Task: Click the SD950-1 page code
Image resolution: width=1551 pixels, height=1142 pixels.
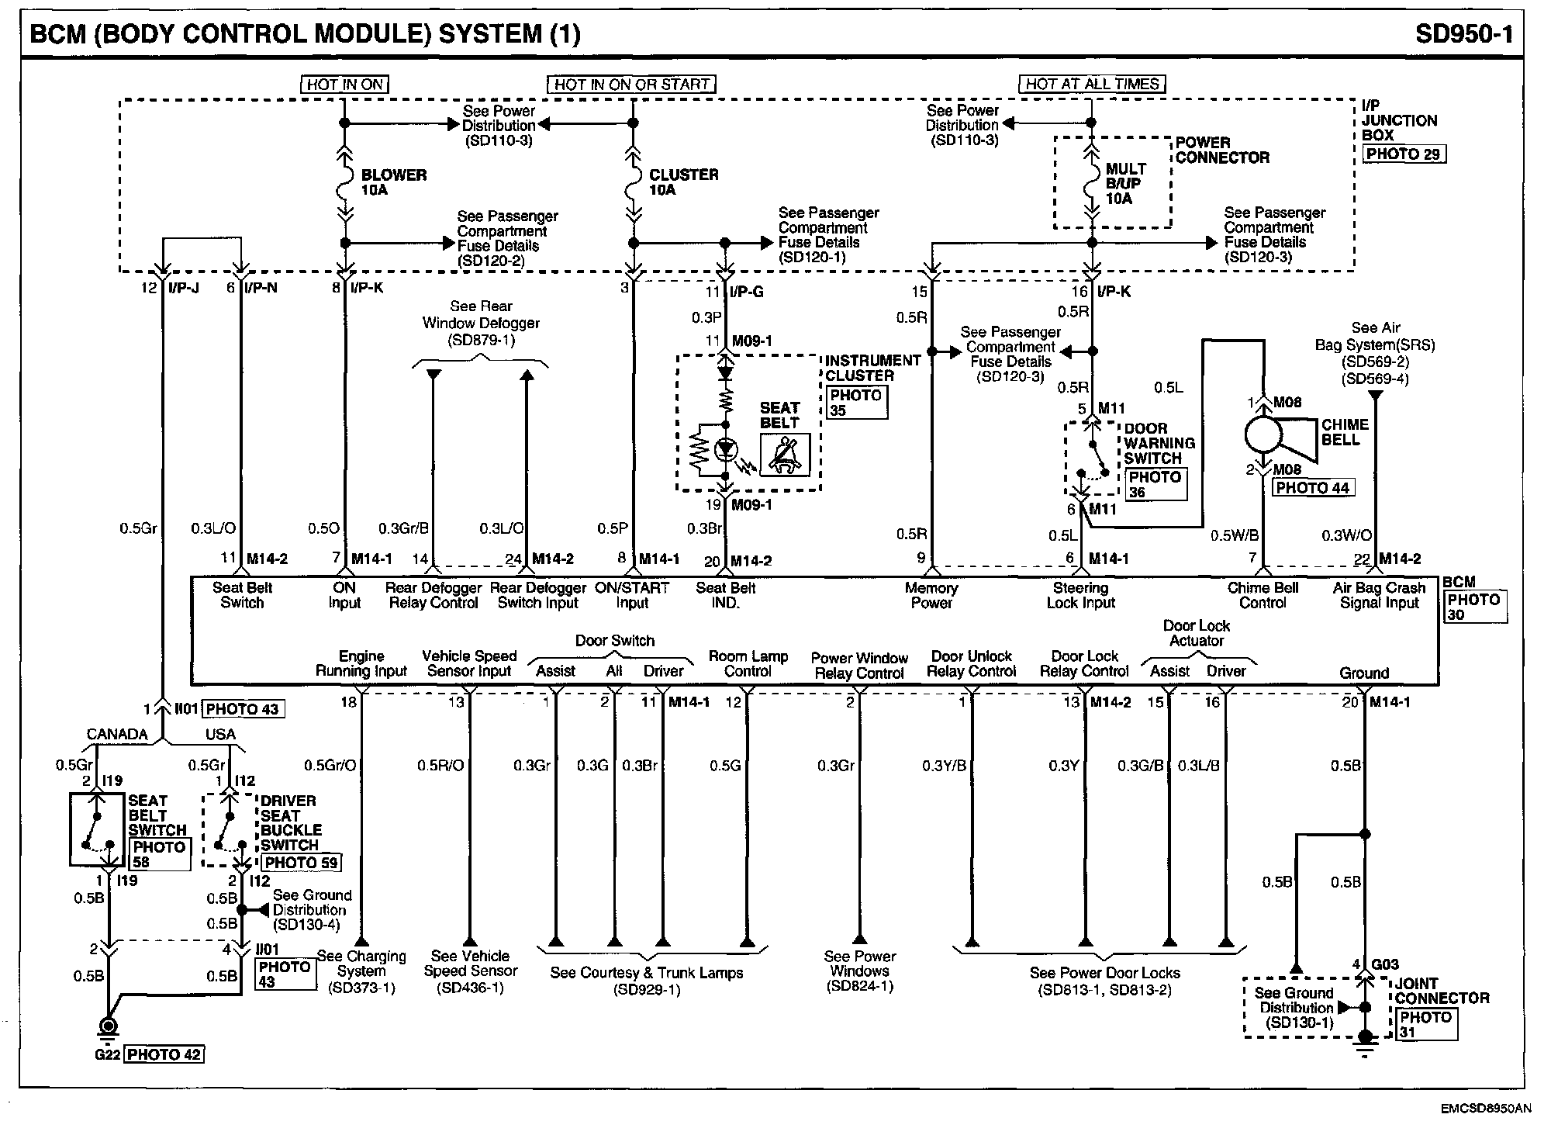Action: tap(1463, 33)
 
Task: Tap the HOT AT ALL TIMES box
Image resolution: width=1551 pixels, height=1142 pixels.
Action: tap(1092, 84)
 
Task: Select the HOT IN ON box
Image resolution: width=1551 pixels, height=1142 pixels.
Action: tap(344, 84)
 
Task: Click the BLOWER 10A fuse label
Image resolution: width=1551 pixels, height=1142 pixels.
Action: tap(393, 182)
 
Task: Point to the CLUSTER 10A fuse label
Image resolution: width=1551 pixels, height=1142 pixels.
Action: tap(683, 182)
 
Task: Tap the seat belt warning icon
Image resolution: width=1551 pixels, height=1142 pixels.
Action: tap(785, 454)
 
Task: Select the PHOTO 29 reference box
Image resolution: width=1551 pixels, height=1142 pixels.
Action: tap(1404, 154)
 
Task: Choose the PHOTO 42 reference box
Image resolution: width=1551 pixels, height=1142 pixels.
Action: tap(164, 1054)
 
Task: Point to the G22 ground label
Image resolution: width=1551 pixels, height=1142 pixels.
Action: tap(107, 1054)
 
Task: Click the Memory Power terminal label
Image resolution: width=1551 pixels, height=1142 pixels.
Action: tap(931, 595)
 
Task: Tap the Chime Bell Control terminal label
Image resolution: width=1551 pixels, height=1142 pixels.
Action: tap(1263, 595)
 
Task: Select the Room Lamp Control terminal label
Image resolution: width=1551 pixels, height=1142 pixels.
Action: tap(748, 663)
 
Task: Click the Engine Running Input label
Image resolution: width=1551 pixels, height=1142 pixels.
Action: tap(361, 663)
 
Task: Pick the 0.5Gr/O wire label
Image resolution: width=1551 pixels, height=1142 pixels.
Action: tap(330, 766)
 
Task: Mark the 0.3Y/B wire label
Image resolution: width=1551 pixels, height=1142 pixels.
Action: tap(944, 766)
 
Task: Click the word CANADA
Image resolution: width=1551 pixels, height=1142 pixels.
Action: tap(117, 734)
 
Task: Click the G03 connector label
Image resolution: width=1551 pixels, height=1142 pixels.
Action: tap(1384, 964)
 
